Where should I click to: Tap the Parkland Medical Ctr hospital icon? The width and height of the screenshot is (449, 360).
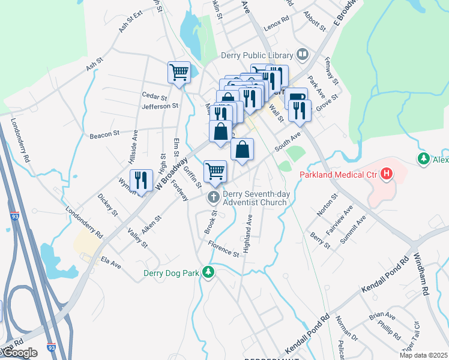(x=387, y=175)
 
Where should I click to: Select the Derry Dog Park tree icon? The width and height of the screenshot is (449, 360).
(x=208, y=272)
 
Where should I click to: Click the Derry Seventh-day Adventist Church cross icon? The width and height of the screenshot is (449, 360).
(x=213, y=197)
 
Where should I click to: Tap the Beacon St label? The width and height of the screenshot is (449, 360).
(x=101, y=135)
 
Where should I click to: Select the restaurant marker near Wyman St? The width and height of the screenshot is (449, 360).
(x=141, y=180)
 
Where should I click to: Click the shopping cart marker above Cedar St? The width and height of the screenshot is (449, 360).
(x=179, y=72)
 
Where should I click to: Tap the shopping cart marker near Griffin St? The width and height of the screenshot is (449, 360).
(x=215, y=171)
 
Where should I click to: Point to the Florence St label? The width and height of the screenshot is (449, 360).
(x=223, y=250)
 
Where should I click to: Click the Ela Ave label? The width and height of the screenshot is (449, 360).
(x=111, y=262)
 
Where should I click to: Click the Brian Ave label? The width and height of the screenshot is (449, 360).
(x=382, y=315)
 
